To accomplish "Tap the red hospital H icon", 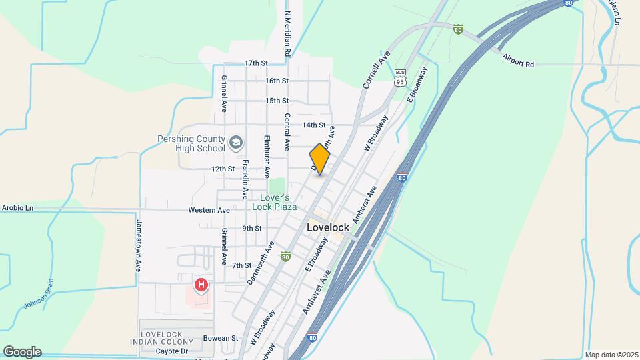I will click(x=201, y=286).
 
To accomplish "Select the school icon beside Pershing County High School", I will click(x=235, y=143).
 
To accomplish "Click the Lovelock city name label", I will click(x=328, y=227).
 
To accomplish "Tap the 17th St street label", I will click(x=255, y=63).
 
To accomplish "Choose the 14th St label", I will click(x=313, y=125).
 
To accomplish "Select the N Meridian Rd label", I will click(x=287, y=32).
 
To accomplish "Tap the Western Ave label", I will click(x=209, y=210).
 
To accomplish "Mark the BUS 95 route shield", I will click(x=400, y=78).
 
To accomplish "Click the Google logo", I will click(x=21, y=351).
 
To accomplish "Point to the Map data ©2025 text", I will click(x=611, y=355).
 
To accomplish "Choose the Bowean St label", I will click(x=221, y=338).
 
